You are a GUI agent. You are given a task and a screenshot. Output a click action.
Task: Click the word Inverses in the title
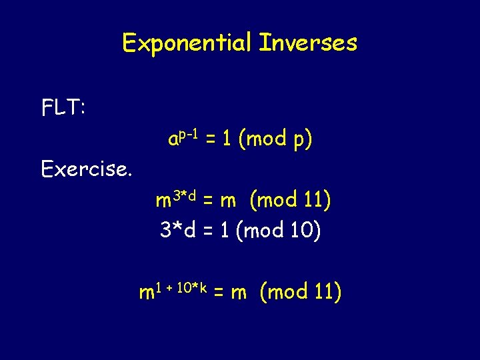tap(307, 44)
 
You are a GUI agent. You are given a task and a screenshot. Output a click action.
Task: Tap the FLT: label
tap(63, 107)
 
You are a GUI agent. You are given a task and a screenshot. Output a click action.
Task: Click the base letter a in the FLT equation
tap(173, 140)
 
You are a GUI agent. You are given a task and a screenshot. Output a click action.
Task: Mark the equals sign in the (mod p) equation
tap(210, 140)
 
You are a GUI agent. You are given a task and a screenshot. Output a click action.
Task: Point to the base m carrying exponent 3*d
tap(163, 201)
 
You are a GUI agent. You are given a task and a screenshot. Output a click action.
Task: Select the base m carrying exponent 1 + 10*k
tap(146, 293)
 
